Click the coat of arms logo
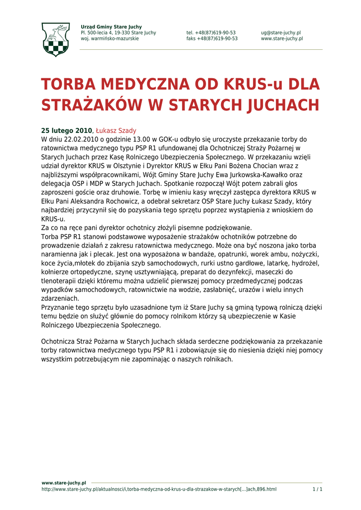55,39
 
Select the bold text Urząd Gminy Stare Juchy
111,27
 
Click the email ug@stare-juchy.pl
281,33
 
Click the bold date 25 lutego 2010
66,130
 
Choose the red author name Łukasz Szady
116,130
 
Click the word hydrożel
304,263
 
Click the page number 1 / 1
317,490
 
